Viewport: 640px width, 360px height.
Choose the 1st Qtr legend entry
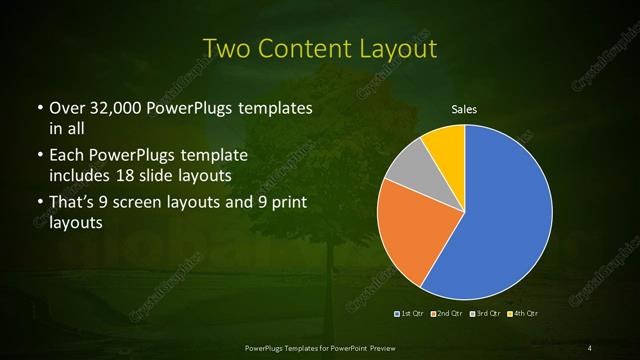click(x=410, y=313)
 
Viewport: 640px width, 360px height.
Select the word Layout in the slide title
click(x=396, y=48)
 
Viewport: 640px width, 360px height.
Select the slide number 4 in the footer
click(x=590, y=347)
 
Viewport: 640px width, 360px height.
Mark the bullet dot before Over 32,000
click(x=38, y=108)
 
